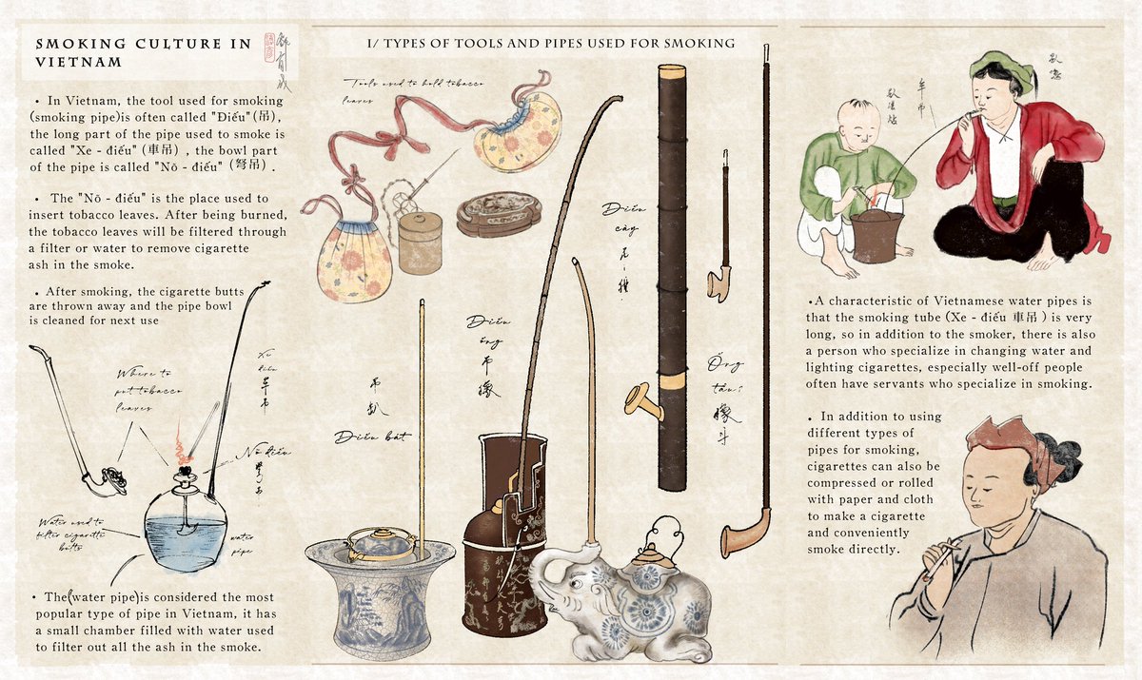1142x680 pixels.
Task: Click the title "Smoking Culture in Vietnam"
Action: (143, 52)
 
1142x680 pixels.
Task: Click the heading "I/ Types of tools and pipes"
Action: (551, 44)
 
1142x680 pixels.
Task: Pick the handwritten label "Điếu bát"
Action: (372, 437)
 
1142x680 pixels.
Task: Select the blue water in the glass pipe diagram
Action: (185, 542)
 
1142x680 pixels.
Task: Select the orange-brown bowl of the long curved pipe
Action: (743, 538)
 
